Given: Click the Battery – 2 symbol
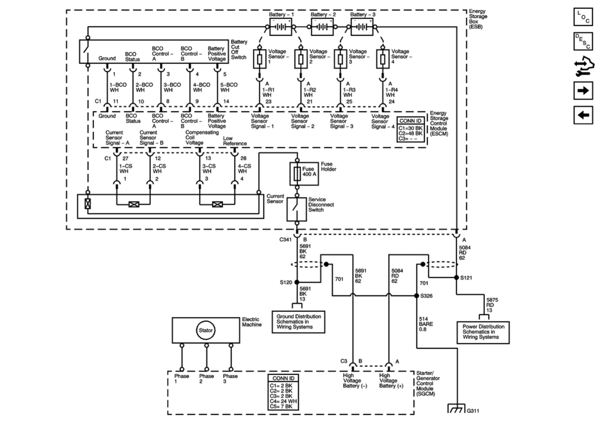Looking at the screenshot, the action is [322, 27].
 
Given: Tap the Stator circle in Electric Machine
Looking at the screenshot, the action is [206, 330].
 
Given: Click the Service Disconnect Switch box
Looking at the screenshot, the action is [297, 209].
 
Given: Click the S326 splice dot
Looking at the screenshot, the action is [417, 295].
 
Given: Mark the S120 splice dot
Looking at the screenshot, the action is [297, 282].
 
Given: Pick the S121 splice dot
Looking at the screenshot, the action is [456, 277].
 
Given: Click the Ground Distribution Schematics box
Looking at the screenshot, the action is [298, 322].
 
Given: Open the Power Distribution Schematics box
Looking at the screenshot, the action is [483, 332].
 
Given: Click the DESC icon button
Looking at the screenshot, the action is [583, 41].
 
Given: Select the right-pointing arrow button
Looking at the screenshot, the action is [583, 91].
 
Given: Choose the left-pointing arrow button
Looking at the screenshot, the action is [583, 115].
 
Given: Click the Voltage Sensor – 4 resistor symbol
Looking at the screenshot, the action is [383, 59].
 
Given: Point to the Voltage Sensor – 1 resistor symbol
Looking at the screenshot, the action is [260, 59].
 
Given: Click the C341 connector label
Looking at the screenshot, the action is [285, 240].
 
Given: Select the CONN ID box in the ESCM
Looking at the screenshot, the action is [411, 129].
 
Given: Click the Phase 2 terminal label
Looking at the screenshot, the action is [207, 378].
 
